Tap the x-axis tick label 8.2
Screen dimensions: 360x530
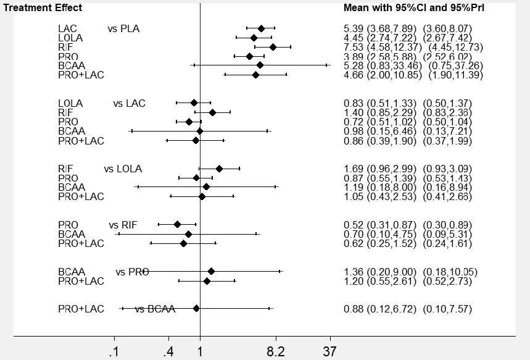276,352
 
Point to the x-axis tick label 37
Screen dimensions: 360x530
330,352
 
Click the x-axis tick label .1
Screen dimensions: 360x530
114,352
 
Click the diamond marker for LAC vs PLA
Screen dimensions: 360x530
261,28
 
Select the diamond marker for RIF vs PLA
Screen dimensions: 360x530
273,47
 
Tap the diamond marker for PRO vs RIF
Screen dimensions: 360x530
177,224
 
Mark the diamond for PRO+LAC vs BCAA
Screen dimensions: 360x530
196,308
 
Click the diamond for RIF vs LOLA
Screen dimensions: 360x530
219,168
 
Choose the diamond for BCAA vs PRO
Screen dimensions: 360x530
211,271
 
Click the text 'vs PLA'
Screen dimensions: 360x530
123,28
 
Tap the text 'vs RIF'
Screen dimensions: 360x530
123,224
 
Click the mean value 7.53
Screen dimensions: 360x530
353,47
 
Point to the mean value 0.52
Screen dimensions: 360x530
353,224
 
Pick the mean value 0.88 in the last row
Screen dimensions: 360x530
353,309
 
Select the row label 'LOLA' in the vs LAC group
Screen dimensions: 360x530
70,103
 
